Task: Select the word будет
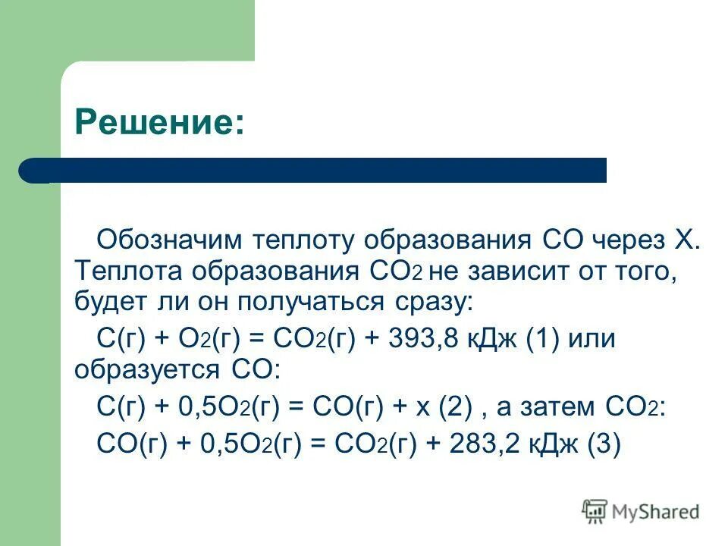[x=109, y=303]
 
